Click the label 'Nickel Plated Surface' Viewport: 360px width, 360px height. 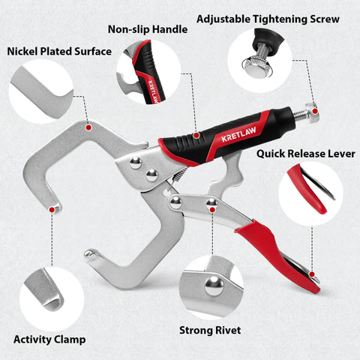click(59, 52)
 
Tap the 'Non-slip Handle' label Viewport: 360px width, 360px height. click(148, 29)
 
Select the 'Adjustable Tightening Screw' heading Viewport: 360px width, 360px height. click(268, 19)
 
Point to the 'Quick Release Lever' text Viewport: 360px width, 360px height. click(306, 154)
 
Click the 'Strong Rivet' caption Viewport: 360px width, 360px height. click(210, 330)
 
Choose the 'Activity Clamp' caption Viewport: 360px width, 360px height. click(49, 340)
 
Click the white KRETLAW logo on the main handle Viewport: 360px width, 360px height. click(238, 134)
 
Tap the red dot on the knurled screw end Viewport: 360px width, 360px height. click(315, 111)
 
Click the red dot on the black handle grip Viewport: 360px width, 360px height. click(196, 136)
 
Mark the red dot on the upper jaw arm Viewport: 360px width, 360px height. click(88, 127)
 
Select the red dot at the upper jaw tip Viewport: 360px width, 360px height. click(52, 209)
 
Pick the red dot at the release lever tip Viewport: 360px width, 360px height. click(312, 274)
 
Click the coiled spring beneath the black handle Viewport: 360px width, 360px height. click(179, 174)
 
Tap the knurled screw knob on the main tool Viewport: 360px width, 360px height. click(312, 114)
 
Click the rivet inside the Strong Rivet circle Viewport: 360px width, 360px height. click(214, 286)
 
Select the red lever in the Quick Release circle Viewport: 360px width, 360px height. click(307, 190)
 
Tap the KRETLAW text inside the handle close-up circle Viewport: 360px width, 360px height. click(152, 91)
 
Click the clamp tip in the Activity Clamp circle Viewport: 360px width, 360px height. click(53, 301)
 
